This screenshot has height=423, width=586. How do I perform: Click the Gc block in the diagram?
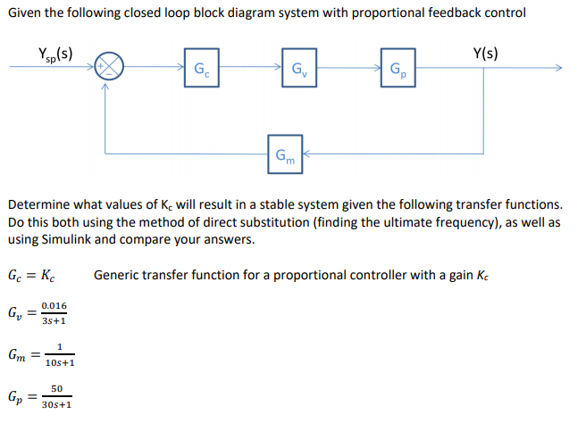tap(203, 70)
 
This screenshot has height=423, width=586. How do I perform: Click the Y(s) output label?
tap(488, 51)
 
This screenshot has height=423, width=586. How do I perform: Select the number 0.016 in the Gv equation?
tap(53, 306)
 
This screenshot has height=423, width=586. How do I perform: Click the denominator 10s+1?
tap(57, 363)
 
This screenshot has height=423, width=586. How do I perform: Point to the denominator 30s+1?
tap(57, 404)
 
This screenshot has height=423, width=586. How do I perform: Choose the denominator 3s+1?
tap(53, 321)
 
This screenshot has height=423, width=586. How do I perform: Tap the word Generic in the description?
tap(117, 274)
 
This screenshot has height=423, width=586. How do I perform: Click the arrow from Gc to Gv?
tap(253, 68)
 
